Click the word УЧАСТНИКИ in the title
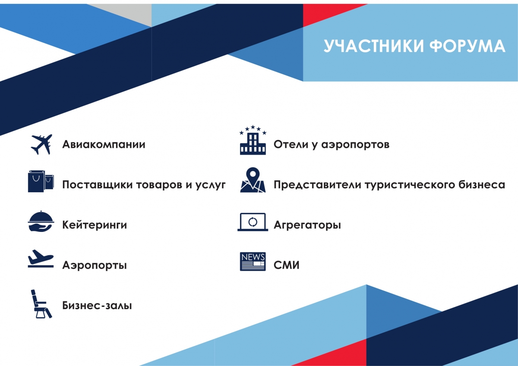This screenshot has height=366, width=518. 373,46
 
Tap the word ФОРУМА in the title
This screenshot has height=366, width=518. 467,46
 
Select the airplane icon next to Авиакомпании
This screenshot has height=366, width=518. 41,144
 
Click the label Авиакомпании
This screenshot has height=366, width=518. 104,144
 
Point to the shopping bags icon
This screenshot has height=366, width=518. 41,181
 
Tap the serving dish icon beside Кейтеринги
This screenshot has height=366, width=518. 41,221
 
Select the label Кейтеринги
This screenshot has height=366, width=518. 95,225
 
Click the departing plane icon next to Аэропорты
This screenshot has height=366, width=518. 41,259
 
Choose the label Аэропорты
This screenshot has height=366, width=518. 95,265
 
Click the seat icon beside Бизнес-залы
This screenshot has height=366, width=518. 41,304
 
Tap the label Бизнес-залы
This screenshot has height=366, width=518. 97,306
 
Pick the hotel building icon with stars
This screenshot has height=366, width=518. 253,140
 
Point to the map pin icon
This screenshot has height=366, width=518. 253,180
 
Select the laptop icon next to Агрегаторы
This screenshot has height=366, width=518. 253,222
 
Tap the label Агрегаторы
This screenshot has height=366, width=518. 307,225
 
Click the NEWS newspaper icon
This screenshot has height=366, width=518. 253,261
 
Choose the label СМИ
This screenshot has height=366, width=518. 287,265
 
